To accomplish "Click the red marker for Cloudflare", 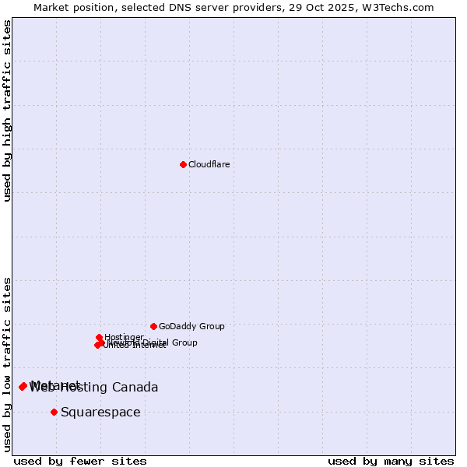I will pos(183,164).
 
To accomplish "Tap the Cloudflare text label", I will pos(209,165).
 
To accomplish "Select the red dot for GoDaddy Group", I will pos(153,326).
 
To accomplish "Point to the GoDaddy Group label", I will pos(191,327).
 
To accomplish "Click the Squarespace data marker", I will pos(54,412).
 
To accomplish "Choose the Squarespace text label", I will pos(100,413).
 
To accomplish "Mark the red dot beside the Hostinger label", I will pos(99,337).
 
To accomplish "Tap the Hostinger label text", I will pos(124,337).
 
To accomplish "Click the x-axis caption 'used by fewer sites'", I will pos(80,461).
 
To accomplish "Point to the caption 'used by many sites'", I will pos(391,461).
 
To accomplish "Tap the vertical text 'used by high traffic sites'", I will pos(7,111).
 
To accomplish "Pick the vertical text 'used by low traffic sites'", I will pos(7,364).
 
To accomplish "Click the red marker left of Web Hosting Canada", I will pos(23,387).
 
